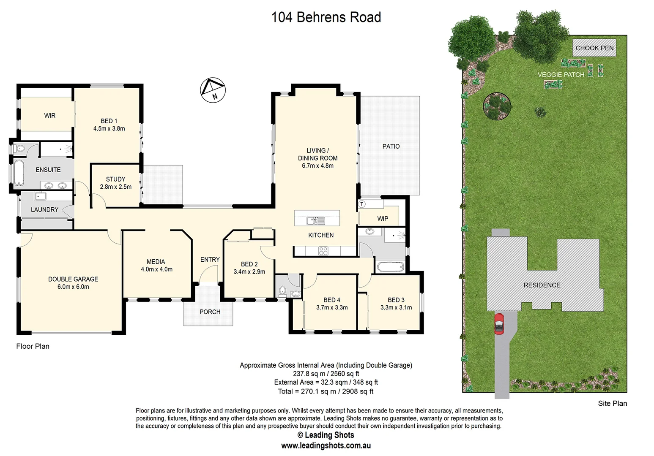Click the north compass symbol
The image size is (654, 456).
click(213, 90)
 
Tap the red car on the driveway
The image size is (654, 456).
click(499, 323)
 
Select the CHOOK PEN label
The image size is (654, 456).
click(594, 48)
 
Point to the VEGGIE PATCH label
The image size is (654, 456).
click(561, 75)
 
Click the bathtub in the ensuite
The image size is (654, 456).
click(19, 173)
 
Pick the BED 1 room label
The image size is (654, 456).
click(109, 121)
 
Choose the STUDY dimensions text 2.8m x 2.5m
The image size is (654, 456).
click(115, 187)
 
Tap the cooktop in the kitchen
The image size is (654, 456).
click(323, 251)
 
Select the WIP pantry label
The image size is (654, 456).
click(383, 219)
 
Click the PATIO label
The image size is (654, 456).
click(391, 147)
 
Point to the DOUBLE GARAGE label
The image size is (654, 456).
click(73, 279)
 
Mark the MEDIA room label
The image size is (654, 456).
click(156, 262)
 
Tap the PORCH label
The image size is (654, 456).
click(210, 312)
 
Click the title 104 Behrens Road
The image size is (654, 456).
click(326, 17)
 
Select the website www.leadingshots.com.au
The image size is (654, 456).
click(326, 445)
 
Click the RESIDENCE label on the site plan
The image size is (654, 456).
click(542, 285)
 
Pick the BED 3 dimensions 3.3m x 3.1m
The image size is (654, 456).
click(396, 307)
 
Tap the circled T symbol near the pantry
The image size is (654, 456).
click(362, 204)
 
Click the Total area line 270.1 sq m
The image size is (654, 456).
click(326, 391)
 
